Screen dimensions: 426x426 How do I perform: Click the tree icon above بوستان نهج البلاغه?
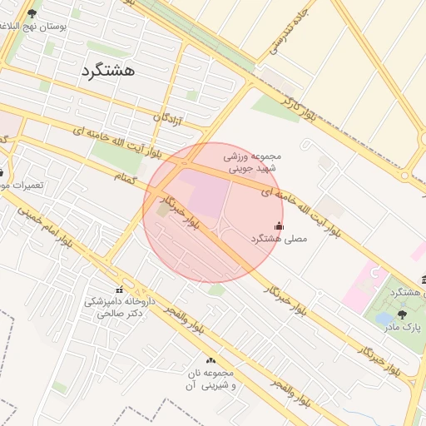pos(32,13)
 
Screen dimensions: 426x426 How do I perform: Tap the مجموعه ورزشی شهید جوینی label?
pos(255,161)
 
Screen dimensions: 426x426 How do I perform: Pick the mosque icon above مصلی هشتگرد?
pos(279,225)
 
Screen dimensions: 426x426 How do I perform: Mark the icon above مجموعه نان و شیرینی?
pos(210,360)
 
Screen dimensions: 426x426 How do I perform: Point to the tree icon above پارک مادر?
pos(403,314)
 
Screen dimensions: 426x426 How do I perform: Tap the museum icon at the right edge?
pos(423,279)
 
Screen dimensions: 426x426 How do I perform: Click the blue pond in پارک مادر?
pos(384,318)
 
